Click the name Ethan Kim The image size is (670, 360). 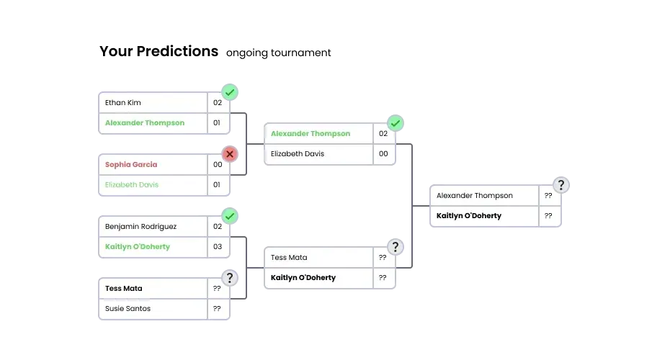(x=123, y=103)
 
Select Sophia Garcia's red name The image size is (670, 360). (x=131, y=165)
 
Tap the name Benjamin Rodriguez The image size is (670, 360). (x=140, y=227)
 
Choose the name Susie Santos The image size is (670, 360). (x=128, y=309)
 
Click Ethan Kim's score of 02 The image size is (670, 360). (x=217, y=103)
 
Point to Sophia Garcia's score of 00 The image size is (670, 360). (x=217, y=165)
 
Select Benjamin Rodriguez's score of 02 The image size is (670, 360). (x=217, y=227)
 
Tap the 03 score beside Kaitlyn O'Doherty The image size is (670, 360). (x=217, y=247)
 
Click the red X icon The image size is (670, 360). (x=230, y=154)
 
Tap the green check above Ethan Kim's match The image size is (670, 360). (x=230, y=92)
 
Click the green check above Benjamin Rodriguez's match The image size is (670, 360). (x=230, y=216)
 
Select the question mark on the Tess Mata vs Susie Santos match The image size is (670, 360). (x=230, y=278)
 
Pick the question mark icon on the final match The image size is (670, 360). (x=561, y=185)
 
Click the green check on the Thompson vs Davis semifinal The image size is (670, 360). (x=396, y=123)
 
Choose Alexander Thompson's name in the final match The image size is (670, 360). (x=475, y=196)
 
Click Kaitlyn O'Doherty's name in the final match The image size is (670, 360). (x=469, y=216)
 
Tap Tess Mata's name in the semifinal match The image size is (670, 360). (x=289, y=258)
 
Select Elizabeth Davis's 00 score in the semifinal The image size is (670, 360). (x=383, y=154)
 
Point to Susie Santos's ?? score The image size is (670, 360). (x=217, y=309)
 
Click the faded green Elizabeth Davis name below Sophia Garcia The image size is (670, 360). (x=132, y=185)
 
